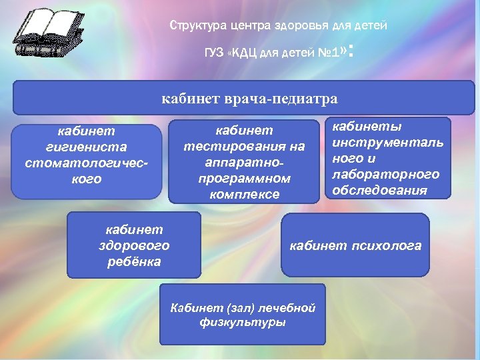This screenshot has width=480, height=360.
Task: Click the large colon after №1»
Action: (351, 49)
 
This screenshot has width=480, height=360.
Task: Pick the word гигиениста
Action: (86, 146)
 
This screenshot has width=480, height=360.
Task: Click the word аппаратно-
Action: (244, 163)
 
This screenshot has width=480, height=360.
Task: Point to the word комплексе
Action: (244, 195)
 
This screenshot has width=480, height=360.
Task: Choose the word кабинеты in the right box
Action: (363, 126)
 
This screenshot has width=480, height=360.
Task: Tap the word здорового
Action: (133, 245)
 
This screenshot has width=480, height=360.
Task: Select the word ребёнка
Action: (133, 261)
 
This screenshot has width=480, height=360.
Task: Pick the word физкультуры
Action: (243, 323)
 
